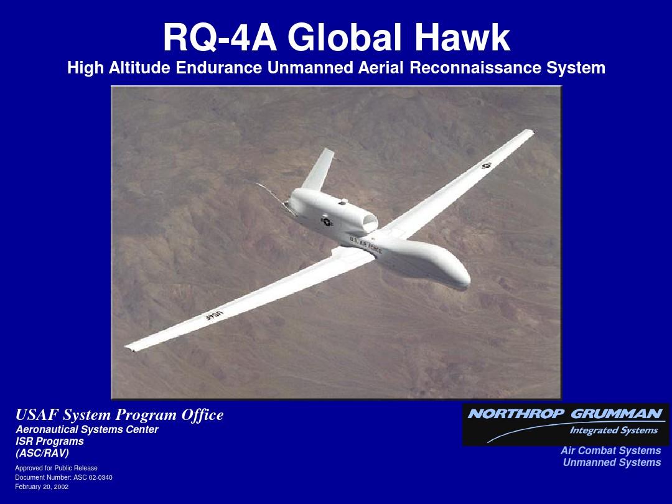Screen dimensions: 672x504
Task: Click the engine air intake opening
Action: pos(370,222)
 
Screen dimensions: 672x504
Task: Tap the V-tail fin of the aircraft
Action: pos(319,169)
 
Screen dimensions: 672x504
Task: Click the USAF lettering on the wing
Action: pos(214,315)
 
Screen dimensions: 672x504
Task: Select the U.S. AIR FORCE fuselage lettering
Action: pos(365,245)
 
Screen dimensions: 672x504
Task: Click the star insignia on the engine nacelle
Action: pos(327,222)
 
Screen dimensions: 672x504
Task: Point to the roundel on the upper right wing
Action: pos(486,166)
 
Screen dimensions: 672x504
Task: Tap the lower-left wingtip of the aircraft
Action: pos(128,347)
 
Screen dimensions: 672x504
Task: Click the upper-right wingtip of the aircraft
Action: pos(531,132)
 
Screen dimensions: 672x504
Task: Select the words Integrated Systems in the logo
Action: pos(614,431)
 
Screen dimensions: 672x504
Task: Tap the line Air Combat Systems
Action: pos(611,450)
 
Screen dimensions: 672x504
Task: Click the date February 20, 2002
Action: pos(42,487)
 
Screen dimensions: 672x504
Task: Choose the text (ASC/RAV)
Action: pos(42,453)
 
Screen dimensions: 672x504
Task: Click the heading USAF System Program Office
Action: pos(119,415)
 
